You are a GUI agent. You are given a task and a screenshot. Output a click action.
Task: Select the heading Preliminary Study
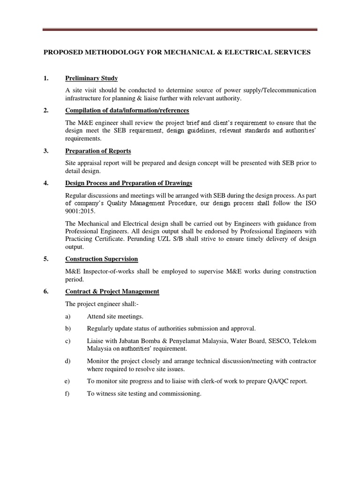coord(91,78)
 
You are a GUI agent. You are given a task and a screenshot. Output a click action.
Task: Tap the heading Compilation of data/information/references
coord(127,111)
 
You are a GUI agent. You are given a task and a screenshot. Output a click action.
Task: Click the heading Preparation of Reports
coord(98,151)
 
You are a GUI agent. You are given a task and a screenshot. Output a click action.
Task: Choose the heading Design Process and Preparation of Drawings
coord(128,183)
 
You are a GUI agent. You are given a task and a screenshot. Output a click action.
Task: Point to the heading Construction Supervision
coord(102,259)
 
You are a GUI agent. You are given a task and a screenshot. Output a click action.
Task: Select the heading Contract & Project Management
coord(112,292)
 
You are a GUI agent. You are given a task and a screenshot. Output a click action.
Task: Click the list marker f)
coord(67,394)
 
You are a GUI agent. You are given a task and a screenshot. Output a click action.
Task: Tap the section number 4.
coord(46,183)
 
